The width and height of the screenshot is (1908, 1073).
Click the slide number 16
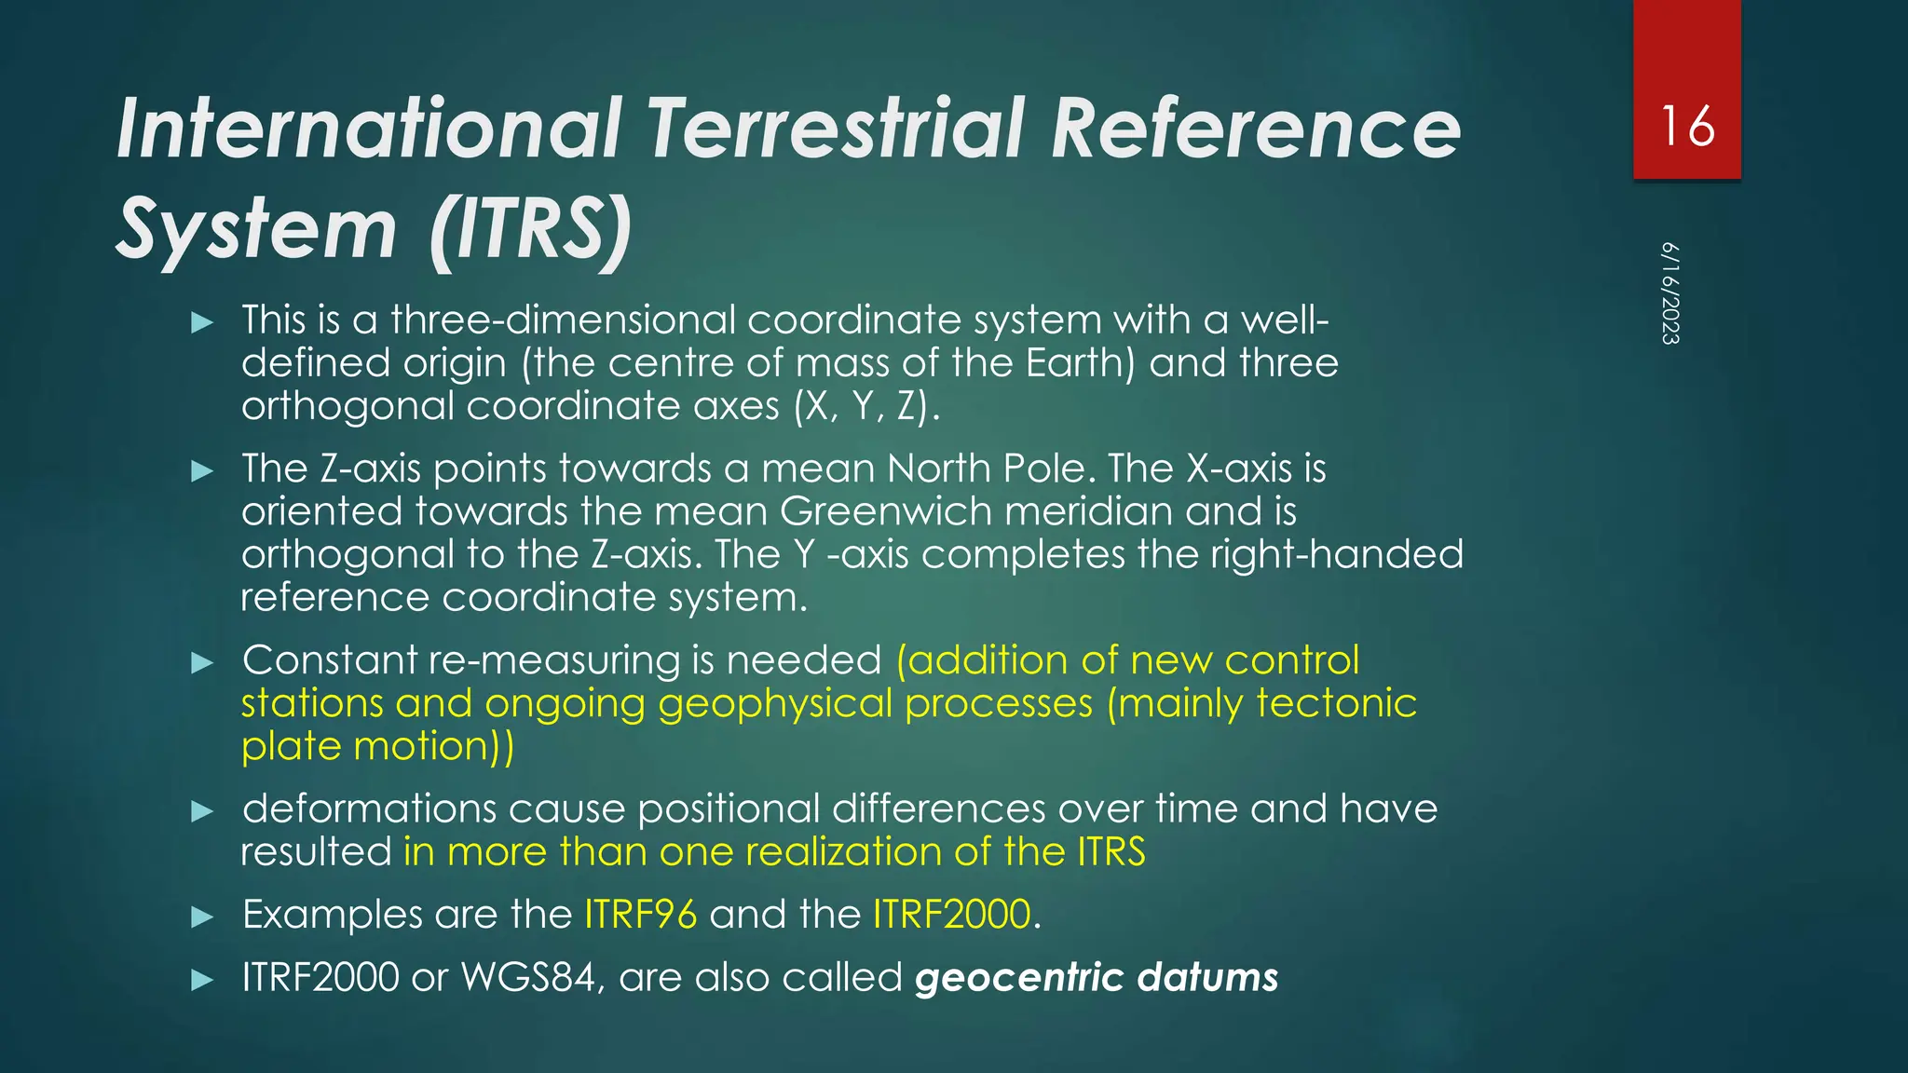click(x=1687, y=127)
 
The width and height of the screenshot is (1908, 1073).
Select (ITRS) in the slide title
click(x=531, y=229)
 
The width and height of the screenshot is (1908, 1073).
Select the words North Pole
click(x=986, y=469)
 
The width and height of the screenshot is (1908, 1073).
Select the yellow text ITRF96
click(x=640, y=915)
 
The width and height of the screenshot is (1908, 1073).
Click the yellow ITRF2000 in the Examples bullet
click(x=951, y=915)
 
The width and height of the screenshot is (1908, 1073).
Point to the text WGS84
click(x=528, y=978)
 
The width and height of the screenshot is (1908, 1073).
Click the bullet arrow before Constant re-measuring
click(x=202, y=663)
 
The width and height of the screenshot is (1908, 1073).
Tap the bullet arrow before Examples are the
click(x=202, y=917)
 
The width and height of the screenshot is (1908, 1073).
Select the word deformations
click(x=369, y=808)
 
